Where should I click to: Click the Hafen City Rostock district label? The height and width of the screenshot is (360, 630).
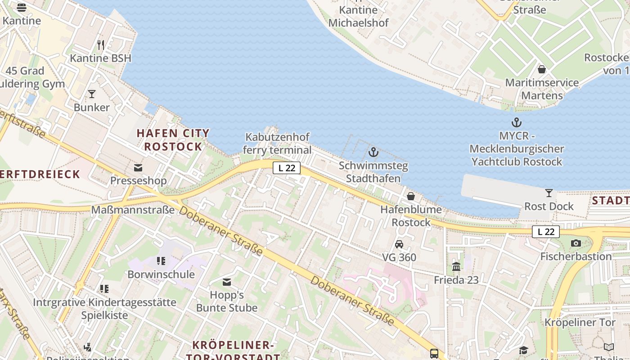(x=173, y=139)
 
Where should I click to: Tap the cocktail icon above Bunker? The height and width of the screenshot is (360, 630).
(x=92, y=94)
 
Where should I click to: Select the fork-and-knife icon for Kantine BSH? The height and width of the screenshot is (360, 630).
(x=101, y=45)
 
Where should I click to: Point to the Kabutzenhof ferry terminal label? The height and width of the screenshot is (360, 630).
(x=277, y=144)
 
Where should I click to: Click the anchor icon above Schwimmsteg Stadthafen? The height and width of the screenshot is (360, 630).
(x=373, y=152)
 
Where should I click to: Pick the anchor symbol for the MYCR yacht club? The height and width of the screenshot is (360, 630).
(x=516, y=122)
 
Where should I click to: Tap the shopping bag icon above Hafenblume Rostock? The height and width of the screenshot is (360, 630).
(x=411, y=196)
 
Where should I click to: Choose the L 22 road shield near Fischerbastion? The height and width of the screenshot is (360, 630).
(x=546, y=232)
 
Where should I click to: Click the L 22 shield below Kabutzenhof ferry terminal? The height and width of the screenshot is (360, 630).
(x=287, y=168)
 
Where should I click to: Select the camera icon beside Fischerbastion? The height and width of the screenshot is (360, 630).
(x=576, y=243)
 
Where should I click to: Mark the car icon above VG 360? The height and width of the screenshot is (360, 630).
(x=399, y=244)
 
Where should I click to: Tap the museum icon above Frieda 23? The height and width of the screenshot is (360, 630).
(x=456, y=267)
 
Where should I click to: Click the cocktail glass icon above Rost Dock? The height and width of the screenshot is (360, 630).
(x=549, y=193)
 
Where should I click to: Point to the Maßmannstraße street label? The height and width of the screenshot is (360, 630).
(x=133, y=210)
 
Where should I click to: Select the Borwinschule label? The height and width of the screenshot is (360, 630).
(x=161, y=274)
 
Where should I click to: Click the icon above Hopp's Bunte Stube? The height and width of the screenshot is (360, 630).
(x=227, y=282)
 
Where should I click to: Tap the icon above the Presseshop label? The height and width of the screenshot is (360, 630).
(x=138, y=168)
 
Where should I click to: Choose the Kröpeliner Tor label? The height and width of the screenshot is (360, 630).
(x=580, y=323)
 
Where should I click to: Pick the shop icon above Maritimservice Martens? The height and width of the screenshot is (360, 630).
(x=542, y=69)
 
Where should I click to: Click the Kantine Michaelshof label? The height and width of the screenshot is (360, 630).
(x=359, y=16)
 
